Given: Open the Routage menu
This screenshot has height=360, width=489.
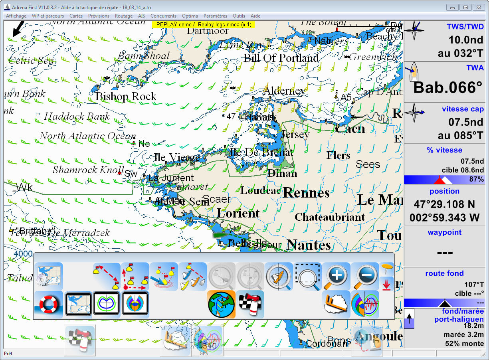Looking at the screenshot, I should pyautogui.click(x=124, y=16).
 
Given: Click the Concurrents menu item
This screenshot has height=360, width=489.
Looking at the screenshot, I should pyautogui.click(x=163, y=16).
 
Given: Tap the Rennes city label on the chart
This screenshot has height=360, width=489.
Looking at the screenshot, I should pyautogui.click(x=306, y=193).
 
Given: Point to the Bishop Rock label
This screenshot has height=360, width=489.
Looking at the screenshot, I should pyautogui.click(x=126, y=96).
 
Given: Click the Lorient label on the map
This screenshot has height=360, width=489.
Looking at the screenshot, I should pyautogui.click(x=238, y=213).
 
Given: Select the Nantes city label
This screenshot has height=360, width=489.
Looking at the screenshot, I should pyautogui.click(x=309, y=244).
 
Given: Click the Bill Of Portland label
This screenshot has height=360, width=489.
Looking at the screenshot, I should pyautogui.click(x=281, y=58).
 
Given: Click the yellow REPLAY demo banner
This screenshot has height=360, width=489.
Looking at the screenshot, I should pyautogui.click(x=203, y=24).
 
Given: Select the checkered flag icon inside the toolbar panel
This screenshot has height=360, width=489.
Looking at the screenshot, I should pyautogui.click(x=250, y=304).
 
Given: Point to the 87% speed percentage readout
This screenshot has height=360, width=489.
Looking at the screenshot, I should pyautogui.click(x=476, y=179).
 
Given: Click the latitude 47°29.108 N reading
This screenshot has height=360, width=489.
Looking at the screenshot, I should pyautogui.click(x=444, y=204).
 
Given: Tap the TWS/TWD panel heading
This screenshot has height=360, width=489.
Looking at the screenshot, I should pyautogui.click(x=465, y=26).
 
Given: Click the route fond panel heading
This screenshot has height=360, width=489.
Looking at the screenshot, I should pyautogui.click(x=444, y=273).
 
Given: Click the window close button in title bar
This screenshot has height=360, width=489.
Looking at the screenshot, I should pyautogui.click(x=478, y=7).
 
